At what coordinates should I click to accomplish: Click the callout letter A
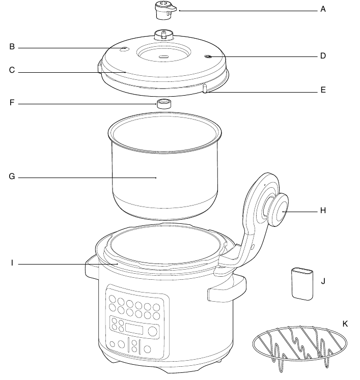click(x=323, y=9)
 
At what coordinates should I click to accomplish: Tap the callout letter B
click(x=12, y=46)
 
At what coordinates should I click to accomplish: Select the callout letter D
click(x=323, y=56)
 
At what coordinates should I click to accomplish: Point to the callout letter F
click(x=12, y=103)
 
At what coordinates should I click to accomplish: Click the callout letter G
click(x=12, y=176)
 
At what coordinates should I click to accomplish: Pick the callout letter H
click(x=323, y=211)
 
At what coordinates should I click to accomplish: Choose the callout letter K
click(x=345, y=324)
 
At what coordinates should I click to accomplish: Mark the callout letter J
click(x=323, y=281)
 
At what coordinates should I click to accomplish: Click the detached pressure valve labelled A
click(x=165, y=10)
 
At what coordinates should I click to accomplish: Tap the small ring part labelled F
click(x=164, y=104)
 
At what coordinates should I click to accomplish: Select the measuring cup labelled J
click(x=302, y=284)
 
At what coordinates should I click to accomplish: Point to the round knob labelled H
click(x=279, y=210)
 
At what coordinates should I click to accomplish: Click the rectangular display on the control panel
click(x=134, y=329)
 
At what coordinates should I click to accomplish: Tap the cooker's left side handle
click(x=92, y=267)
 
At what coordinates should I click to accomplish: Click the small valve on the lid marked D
click(x=208, y=56)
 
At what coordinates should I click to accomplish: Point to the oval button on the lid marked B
click(x=124, y=49)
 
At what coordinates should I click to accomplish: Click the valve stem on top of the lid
click(x=164, y=35)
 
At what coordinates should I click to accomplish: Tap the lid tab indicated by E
click(x=205, y=88)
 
